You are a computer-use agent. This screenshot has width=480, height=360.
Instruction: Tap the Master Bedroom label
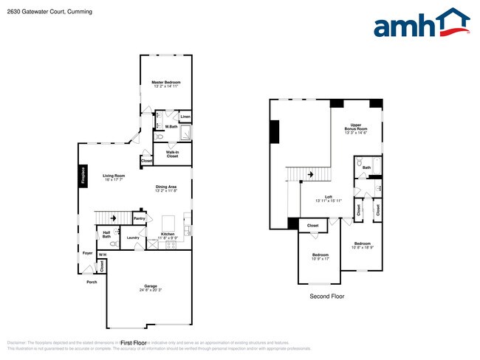click(x=166, y=82)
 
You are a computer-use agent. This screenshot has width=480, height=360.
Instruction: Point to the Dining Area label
click(x=166, y=187)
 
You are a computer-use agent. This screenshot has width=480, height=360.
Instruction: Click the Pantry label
click(x=139, y=218)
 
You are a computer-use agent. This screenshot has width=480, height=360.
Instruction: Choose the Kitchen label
click(x=168, y=234)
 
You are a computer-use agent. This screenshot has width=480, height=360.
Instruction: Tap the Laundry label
click(x=133, y=238)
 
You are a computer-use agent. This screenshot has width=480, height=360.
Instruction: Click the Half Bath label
click(x=106, y=234)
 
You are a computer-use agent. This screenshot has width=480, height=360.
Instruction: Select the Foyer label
click(x=87, y=253)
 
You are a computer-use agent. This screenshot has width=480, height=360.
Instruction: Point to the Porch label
click(x=92, y=282)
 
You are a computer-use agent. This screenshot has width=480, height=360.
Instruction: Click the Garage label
click(x=150, y=285)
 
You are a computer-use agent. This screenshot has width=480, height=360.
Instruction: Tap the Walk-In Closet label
click(x=172, y=154)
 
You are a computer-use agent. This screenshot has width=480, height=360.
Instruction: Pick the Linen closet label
click(x=185, y=117)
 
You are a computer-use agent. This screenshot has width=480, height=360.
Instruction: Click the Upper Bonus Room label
click(x=356, y=126)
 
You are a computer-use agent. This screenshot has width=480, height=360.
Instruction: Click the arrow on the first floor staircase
click(x=113, y=218)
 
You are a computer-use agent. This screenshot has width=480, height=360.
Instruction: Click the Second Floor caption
click(x=326, y=296)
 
